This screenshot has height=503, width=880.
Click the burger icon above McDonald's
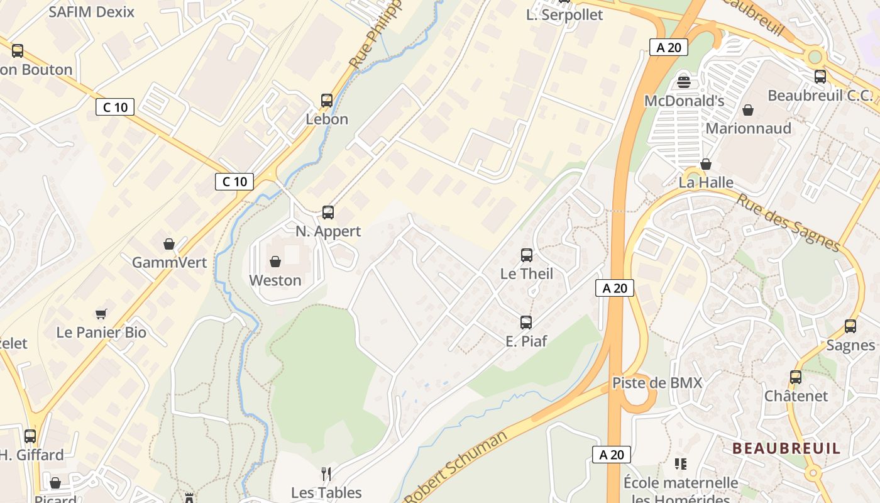(x=684, y=82)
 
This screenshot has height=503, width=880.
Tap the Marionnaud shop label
(x=749, y=128)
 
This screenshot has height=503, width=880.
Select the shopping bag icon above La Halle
(x=706, y=164)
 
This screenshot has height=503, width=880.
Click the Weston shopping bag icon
(x=275, y=262)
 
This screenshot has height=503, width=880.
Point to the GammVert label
(x=169, y=262)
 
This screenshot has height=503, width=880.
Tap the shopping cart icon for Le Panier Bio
(x=101, y=314)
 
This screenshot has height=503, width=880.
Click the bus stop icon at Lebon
(x=327, y=100)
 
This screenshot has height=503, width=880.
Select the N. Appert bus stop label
(x=328, y=231)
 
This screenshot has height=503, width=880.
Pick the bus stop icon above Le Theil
(x=527, y=255)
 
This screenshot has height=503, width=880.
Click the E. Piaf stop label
(x=526, y=341)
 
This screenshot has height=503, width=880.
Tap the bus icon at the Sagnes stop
(x=850, y=326)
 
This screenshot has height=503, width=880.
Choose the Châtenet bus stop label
(x=796, y=396)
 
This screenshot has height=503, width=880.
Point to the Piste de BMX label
(x=657, y=383)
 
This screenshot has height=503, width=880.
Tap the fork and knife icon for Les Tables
(x=326, y=473)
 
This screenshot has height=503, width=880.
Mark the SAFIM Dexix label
(x=91, y=11)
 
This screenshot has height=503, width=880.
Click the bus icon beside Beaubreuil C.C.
(x=820, y=77)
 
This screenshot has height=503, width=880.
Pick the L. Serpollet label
(x=564, y=15)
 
